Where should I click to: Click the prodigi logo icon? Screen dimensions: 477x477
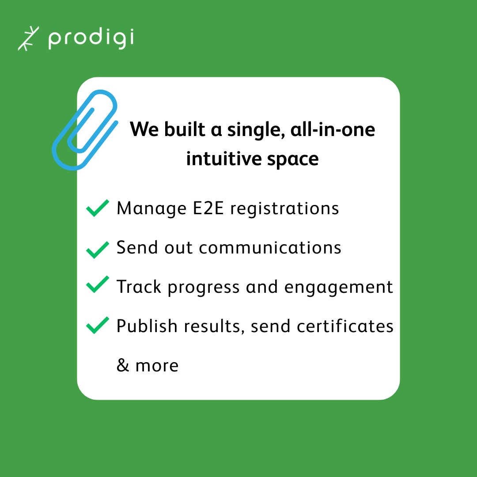tap(28, 38)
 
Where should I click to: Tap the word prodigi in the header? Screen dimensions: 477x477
tap(91, 39)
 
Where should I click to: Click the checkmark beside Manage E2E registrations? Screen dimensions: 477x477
tap(97, 208)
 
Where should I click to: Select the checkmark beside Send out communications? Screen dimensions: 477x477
tap(97, 249)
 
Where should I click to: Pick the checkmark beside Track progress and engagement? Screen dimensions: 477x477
tap(97, 284)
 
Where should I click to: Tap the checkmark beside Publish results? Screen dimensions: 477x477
tap(97, 325)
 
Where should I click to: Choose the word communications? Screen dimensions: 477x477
tap(270, 248)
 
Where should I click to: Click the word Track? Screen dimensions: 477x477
tap(139, 287)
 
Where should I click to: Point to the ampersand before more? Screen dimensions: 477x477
tap(122, 366)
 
